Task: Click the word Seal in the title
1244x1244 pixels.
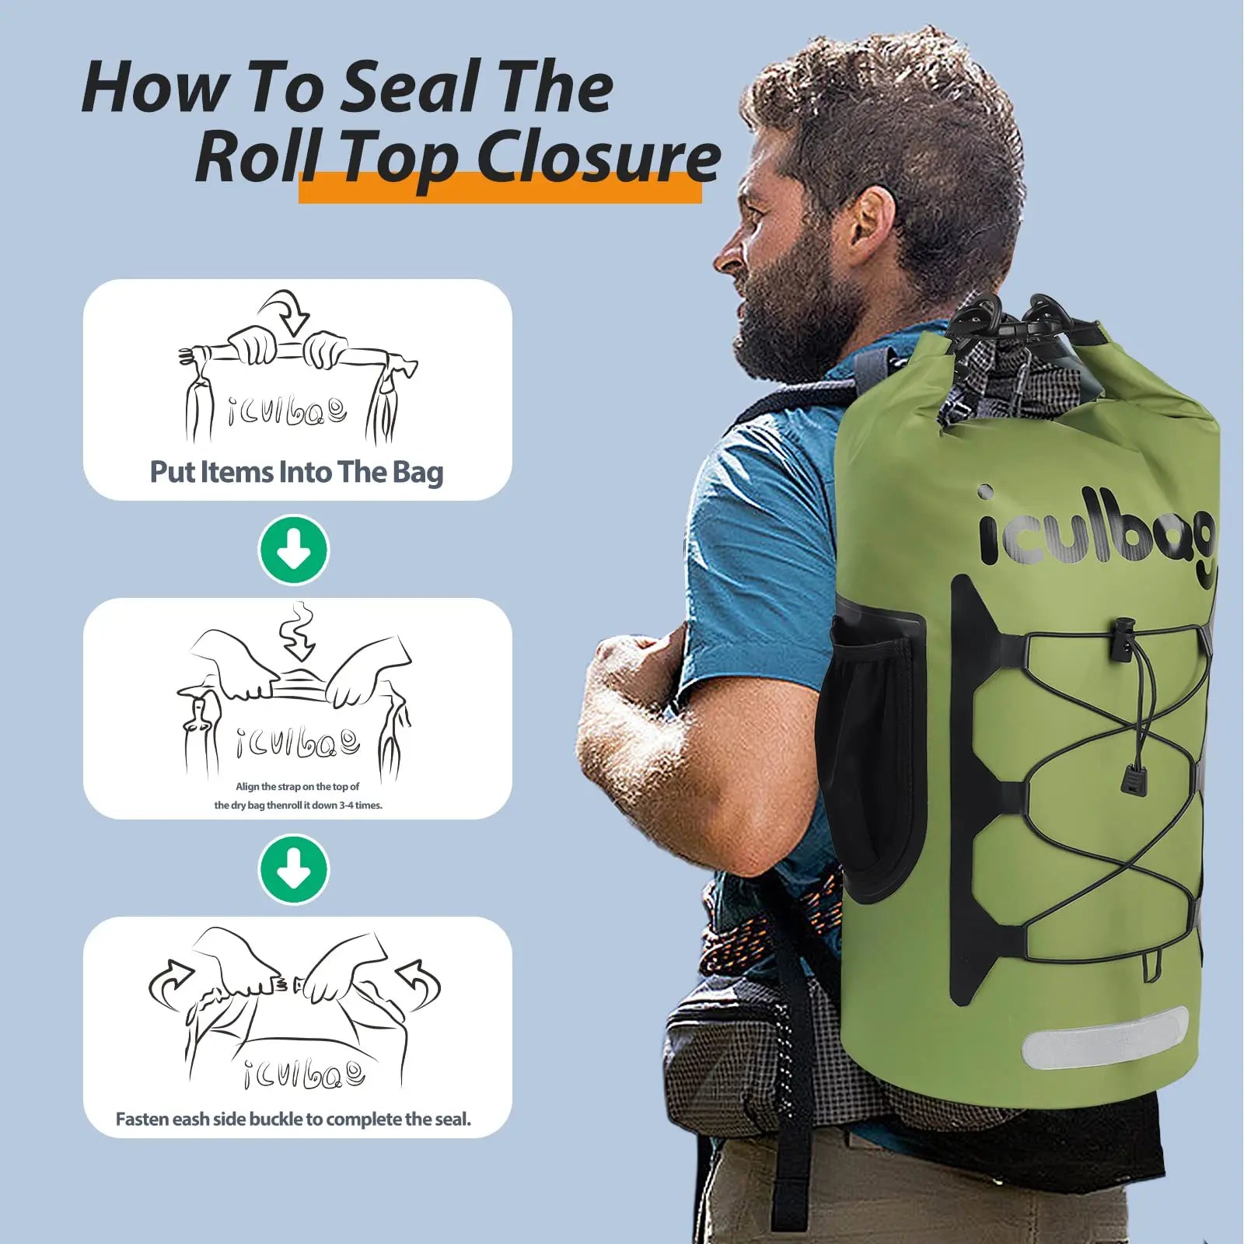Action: [x=412, y=87]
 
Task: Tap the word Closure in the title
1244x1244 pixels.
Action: [x=599, y=157]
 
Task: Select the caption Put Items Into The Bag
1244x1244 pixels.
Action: [x=296, y=472]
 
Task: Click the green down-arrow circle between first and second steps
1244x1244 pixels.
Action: [x=294, y=550]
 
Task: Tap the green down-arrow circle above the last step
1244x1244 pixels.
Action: [x=294, y=869]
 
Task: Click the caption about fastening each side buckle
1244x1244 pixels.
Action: [x=293, y=1119]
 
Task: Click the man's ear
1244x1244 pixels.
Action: [x=871, y=225]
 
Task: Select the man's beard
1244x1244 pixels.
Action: [x=785, y=311]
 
